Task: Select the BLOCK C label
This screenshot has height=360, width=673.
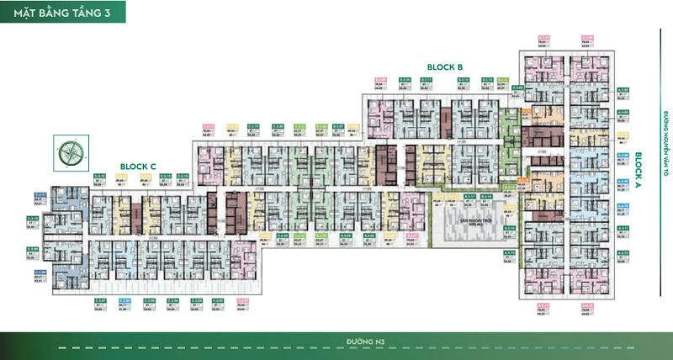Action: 139,167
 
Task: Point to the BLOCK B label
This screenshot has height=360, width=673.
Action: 445,66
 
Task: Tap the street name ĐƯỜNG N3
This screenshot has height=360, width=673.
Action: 360,341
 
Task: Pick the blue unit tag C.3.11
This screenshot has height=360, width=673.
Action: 40,193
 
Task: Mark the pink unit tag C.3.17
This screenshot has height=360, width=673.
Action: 209,129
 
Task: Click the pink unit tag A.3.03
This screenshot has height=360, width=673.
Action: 544,38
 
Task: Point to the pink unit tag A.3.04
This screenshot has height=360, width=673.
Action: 587,38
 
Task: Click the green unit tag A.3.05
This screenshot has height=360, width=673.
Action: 623,90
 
